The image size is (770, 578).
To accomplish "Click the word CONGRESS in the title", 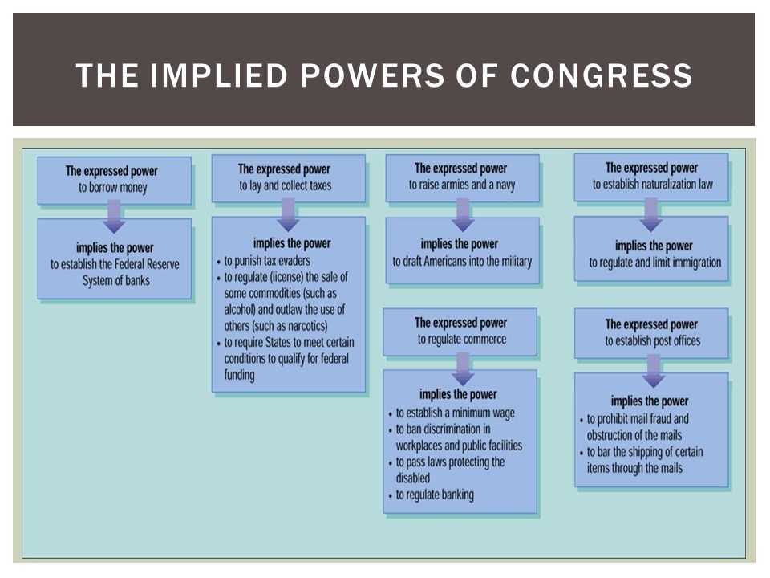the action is pyautogui.click(x=601, y=75).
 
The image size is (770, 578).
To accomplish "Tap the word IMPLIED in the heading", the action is pyautogui.click(x=218, y=75).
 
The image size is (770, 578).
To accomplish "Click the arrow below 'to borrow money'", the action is pyautogui.click(x=114, y=216).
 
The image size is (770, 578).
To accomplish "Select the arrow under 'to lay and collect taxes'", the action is pyautogui.click(x=288, y=215).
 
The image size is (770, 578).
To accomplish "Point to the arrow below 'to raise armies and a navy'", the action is pyautogui.click(x=463, y=215).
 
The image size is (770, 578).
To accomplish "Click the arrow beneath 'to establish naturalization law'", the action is pyautogui.click(x=651, y=215).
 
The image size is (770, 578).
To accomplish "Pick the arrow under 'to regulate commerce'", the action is pyautogui.click(x=463, y=369).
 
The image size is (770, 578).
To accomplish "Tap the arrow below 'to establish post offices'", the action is pyautogui.click(x=653, y=371).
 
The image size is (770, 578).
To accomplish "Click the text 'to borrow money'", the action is pyautogui.click(x=113, y=188).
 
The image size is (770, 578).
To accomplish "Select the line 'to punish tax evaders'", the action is pyautogui.click(x=267, y=260).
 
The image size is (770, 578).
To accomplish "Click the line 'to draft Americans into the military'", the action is pyautogui.click(x=462, y=262).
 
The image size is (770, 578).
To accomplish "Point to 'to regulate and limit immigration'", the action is pyautogui.click(x=655, y=263).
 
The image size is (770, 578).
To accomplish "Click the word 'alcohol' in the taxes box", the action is pyautogui.click(x=239, y=310).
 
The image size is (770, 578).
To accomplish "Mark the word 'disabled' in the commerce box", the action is pyautogui.click(x=413, y=478).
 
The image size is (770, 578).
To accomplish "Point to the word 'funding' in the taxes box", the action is pyautogui.click(x=239, y=375).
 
